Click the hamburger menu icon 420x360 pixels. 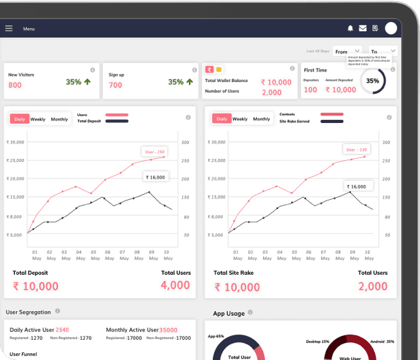tap(9, 29)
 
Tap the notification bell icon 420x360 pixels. tap(350, 28)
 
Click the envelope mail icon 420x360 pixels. tap(363, 28)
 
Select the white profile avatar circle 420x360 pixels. tap(391, 28)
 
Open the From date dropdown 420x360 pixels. tap(348, 51)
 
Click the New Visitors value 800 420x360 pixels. tap(15, 85)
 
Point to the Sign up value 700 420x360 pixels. tap(115, 85)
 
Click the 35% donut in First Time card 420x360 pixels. tap(372, 81)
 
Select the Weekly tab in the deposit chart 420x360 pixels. tap(38, 119)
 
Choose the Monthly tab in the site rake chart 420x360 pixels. tap(261, 119)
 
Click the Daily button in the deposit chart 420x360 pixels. tap(20, 119)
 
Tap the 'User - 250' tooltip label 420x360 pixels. tap(155, 151)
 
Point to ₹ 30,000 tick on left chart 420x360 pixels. tap(15, 142)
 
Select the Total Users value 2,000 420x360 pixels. tap(372, 286)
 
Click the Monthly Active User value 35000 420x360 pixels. tap(168, 330)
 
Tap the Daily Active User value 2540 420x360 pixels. tap(62, 330)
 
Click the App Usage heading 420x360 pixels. tap(229, 314)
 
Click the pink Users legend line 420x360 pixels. tap(112, 115)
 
